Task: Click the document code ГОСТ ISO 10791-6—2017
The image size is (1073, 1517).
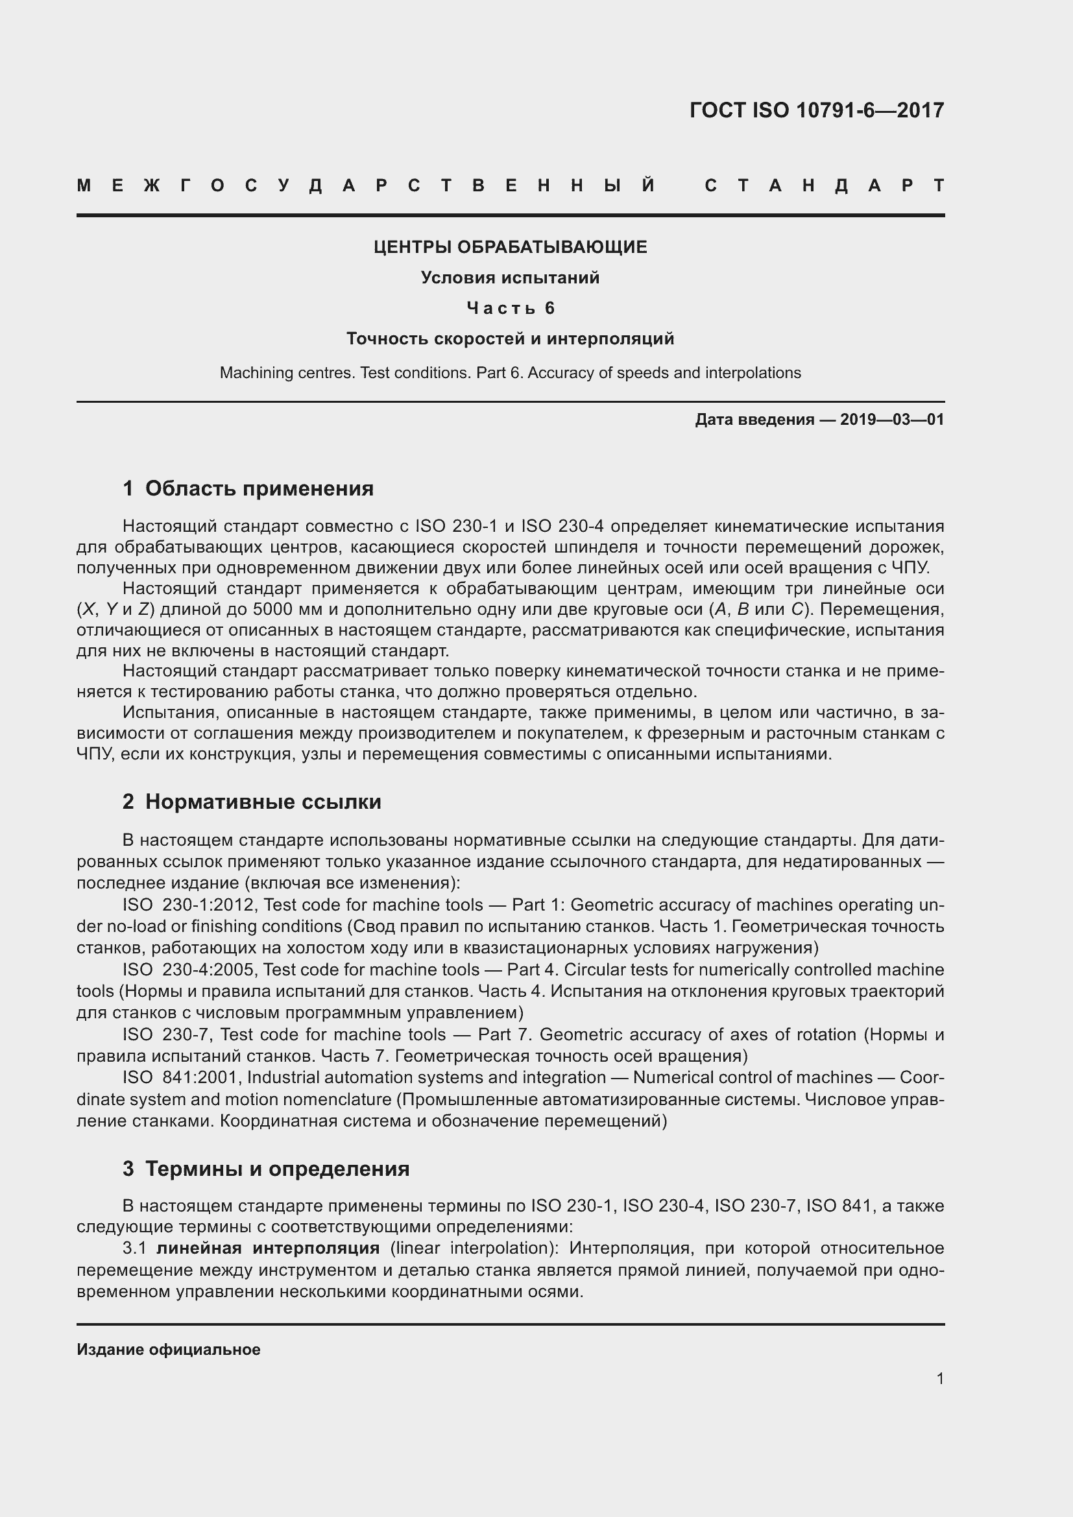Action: tap(816, 110)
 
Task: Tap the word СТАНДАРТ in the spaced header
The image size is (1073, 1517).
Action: tap(824, 185)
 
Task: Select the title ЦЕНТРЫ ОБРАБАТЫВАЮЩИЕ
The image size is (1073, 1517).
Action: tap(510, 247)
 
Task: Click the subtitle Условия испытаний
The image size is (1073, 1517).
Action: tap(510, 278)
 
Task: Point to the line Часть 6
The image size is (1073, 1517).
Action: tap(510, 308)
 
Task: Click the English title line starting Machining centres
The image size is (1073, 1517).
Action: tap(510, 373)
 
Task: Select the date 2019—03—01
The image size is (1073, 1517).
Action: tap(892, 420)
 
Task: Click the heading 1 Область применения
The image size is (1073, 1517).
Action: tap(248, 488)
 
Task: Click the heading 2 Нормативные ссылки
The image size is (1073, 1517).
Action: tap(252, 802)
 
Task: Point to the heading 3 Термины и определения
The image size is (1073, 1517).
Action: tap(265, 1168)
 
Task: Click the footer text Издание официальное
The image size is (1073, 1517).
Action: tap(169, 1349)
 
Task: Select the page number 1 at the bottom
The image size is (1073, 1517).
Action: tap(939, 1378)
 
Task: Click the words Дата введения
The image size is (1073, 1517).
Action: tap(754, 420)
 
